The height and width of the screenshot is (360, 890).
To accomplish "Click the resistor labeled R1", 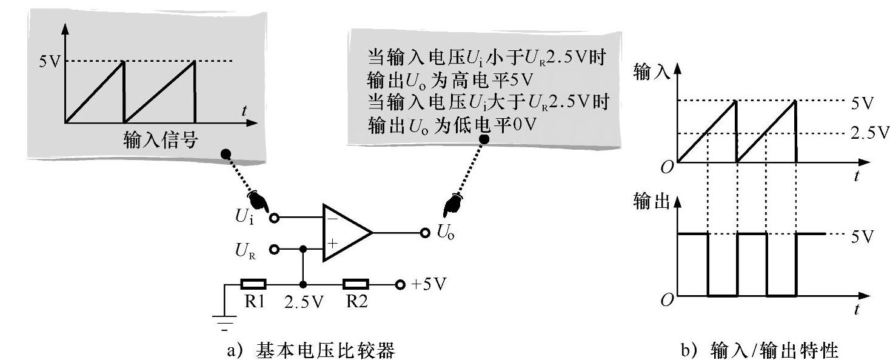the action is tap(253, 284).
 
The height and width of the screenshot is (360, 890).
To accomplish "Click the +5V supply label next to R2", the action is tap(430, 284).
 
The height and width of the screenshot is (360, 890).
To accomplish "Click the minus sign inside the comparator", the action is tap(332, 218).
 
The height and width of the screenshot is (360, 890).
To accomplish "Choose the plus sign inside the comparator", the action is tap(332, 244).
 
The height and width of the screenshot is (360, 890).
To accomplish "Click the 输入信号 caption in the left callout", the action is tap(160, 141).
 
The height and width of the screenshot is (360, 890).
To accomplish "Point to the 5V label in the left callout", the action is tap(49, 61).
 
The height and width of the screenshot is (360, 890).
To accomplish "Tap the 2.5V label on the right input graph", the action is tap(869, 134).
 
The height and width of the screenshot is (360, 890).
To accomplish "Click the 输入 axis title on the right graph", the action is tap(651, 72).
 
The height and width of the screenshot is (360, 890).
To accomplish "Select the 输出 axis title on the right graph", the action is tap(651, 202).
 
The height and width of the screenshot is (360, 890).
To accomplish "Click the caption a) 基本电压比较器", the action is tap(310, 350).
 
